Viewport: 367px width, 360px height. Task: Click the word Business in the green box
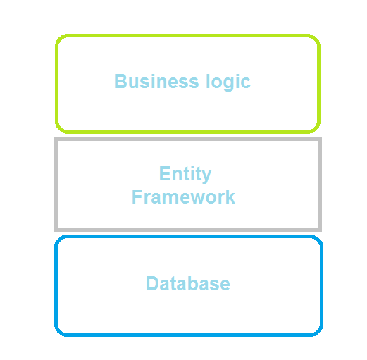coord(156,81)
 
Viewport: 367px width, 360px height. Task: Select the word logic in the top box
coord(228,82)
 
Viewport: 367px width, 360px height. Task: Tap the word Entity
coord(185,174)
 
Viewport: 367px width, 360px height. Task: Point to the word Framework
coord(183,197)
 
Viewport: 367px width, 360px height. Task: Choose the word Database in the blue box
coord(188,283)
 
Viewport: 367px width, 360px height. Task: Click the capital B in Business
coord(120,81)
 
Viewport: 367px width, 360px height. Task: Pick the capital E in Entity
coord(165,173)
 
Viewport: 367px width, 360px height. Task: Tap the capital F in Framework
coord(137,197)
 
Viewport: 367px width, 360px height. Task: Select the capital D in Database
coord(153,283)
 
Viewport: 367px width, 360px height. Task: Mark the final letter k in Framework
coord(230,197)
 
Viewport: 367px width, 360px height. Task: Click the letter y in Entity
coord(206,176)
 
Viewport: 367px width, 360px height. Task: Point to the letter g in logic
coord(228,84)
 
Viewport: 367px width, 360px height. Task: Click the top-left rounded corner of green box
coord(59,39)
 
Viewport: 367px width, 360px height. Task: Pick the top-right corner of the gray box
coord(321,139)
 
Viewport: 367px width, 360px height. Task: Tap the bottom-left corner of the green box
coord(59,129)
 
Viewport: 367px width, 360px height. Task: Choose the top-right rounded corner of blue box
coord(318,240)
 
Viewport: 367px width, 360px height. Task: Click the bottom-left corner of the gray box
coord(56,230)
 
